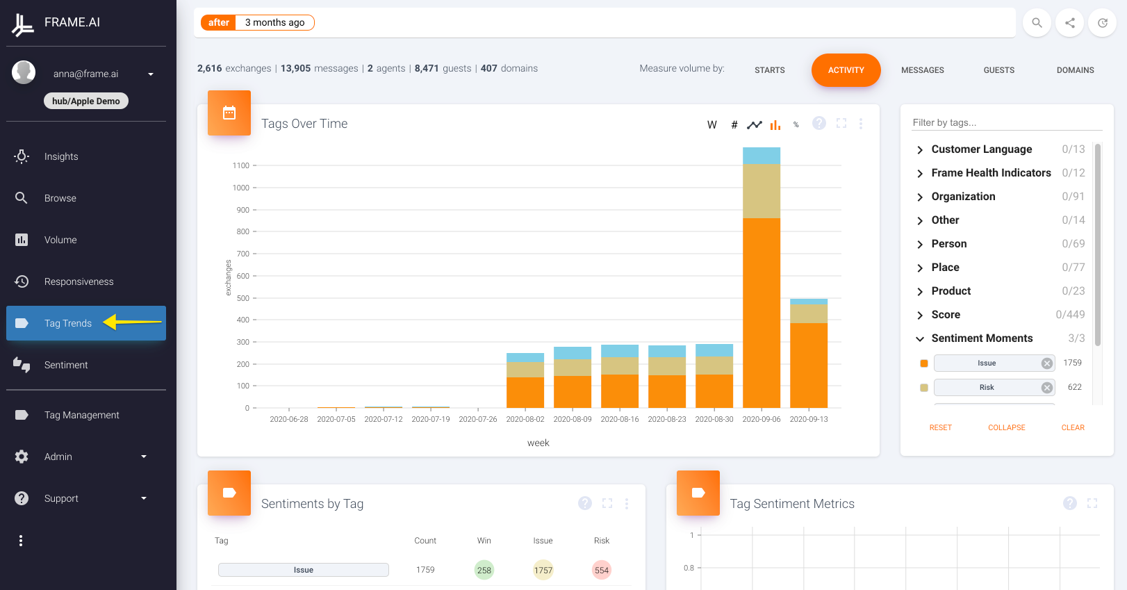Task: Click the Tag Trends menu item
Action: click(68, 323)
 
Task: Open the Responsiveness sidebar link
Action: click(79, 281)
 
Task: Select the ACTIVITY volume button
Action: click(846, 70)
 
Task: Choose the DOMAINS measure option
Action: click(1075, 70)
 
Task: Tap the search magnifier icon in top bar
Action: click(1037, 23)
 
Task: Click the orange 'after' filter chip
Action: click(218, 23)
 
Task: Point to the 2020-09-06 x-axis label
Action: click(761, 419)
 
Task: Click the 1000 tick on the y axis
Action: click(241, 188)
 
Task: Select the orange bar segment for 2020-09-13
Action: click(809, 365)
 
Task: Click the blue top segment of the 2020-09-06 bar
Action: click(762, 156)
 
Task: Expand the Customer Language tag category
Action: click(981, 149)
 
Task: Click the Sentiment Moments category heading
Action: click(982, 338)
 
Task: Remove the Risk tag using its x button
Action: click(1047, 388)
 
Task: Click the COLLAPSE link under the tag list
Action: click(1006, 427)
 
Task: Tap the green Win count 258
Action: click(484, 570)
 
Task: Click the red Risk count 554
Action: click(602, 570)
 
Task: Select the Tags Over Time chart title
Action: click(304, 124)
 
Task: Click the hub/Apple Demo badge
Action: click(86, 101)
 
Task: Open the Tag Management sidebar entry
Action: click(82, 415)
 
